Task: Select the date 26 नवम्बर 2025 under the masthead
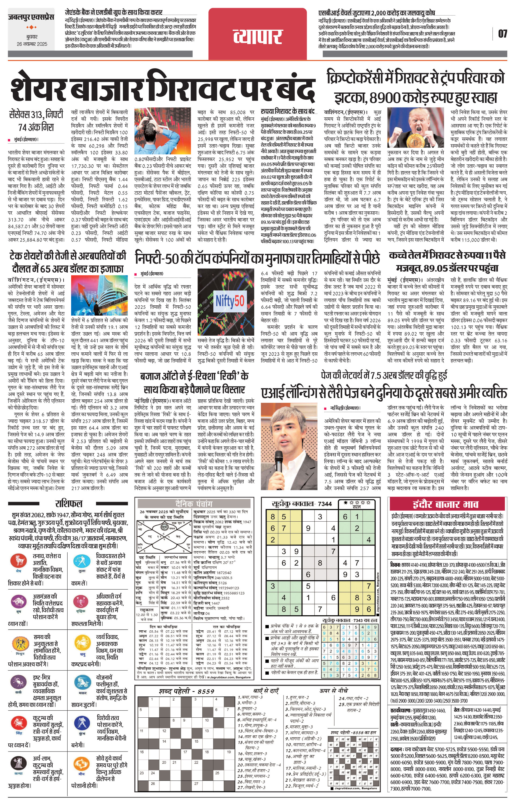coord(32,44)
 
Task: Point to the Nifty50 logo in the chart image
coord(230,301)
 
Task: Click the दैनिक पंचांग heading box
coord(194,504)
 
